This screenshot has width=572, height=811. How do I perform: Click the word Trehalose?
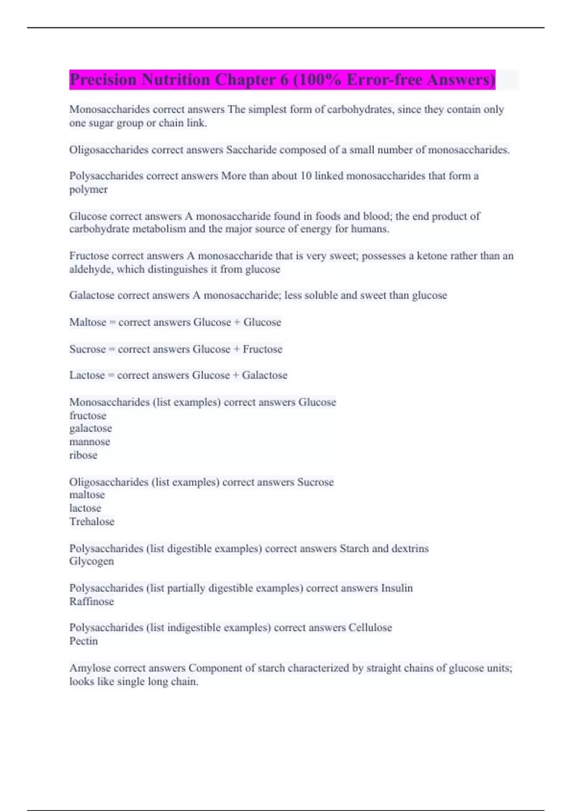(x=92, y=521)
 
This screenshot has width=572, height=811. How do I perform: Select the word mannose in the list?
(x=90, y=442)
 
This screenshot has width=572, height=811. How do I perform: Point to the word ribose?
(x=83, y=455)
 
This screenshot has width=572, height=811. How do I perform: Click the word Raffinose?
(x=92, y=602)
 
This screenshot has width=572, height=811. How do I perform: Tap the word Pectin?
(x=83, y=641)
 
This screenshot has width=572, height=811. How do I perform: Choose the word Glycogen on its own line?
(x=92, y=561)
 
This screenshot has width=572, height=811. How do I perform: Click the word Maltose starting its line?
(x=88, y=322)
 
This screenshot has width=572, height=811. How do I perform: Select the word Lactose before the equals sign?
(x=87, y=375)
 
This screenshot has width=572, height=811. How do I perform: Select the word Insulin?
(x=397, y=588)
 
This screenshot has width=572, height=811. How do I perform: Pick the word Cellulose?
(x=370, y=628)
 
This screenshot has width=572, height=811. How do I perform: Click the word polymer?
(x=88, y=190)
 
